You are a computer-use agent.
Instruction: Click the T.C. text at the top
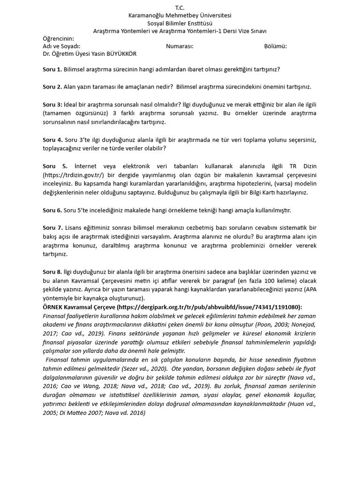180,8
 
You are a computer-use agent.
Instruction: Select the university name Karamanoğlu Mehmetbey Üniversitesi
180,16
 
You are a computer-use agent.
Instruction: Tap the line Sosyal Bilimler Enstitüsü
180,23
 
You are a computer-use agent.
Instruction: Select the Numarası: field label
180,46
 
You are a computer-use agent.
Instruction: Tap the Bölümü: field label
276,46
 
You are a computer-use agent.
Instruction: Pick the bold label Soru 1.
52,69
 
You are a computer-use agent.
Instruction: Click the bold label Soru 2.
52,87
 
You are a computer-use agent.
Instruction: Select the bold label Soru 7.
52,228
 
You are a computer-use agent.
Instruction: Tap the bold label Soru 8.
52,272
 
